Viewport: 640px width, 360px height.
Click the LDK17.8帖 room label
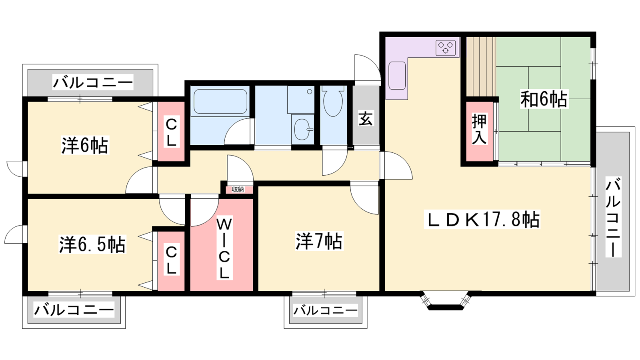[482, 220]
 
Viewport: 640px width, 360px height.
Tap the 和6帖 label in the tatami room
[544, 99]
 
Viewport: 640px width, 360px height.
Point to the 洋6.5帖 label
[92, 244]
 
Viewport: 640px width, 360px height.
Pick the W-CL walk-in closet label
[224, 248]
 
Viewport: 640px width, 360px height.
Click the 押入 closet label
[479, 129]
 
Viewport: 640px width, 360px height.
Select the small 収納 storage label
[238, 189]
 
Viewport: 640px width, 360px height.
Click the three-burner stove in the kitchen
[446, 48]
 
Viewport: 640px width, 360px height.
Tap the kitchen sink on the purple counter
[397, 76]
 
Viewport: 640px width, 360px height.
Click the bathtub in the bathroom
[220, 102]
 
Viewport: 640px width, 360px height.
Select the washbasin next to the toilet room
[302, 130]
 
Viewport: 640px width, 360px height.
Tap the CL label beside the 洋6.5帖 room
[172, 260]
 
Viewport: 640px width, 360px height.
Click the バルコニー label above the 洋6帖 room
[93, 82]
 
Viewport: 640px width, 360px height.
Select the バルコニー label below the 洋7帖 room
[325, 310]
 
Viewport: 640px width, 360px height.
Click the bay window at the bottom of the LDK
[446, 300]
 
